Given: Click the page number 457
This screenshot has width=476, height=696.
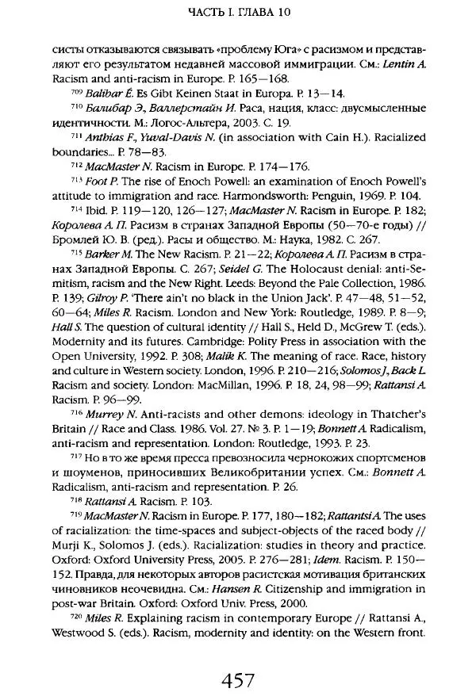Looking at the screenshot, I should click(x=238, y=659).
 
